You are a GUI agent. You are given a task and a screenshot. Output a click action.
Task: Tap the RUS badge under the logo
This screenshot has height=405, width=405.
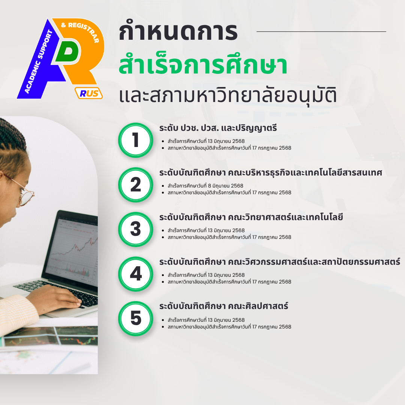(88, 93)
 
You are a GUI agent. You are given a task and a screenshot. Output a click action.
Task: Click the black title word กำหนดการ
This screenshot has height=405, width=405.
(178, 32)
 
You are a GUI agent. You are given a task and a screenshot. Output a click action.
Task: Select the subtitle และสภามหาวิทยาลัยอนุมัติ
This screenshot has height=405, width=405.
(228, 95)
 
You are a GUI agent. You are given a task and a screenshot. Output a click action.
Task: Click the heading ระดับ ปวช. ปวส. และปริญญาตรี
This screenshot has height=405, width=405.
(218, 128)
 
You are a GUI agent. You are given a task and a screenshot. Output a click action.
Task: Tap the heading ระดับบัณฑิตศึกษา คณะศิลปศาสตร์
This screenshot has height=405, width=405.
(223, 306)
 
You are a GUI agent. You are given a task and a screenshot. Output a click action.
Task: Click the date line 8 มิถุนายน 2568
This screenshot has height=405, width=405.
(205, 186)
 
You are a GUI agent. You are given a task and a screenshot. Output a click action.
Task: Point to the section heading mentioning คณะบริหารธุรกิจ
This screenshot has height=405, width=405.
(271, 172)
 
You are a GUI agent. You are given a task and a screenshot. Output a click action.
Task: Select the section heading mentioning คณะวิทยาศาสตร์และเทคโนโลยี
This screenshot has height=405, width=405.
(251, 217)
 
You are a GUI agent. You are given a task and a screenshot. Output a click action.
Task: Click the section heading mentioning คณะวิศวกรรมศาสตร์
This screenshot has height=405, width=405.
(280, 262)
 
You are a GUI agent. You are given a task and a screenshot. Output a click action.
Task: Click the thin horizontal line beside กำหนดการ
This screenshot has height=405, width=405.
(321, 31)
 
